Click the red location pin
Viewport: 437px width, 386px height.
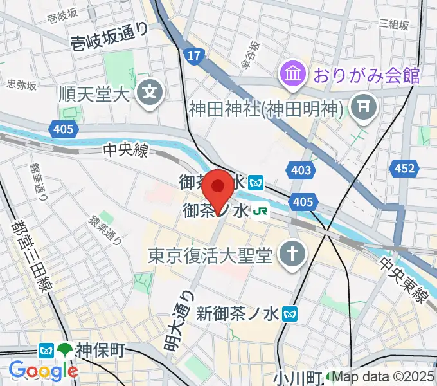[x=219, y=188]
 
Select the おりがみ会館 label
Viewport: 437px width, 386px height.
[x=366, y=75]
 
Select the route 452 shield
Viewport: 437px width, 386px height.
[x=403, y=169]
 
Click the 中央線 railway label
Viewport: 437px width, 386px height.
[x=127, y=151]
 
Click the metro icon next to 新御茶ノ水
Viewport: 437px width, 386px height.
[x=292, y=313]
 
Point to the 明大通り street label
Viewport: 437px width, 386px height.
[x=177, y=320]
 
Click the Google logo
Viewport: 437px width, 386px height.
[x=43, y=371]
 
